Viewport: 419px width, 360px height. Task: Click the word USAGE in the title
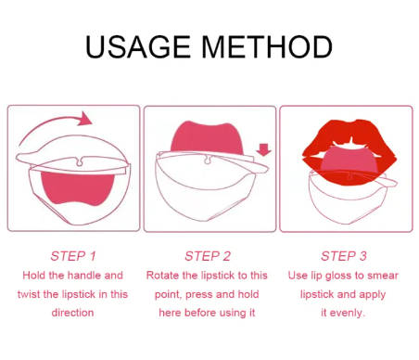tap(137, 46)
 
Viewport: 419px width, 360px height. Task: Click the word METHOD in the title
tap(267, 46)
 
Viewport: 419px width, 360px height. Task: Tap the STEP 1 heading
tap(73, 256)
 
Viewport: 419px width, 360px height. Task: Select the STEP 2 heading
tap(208, 256)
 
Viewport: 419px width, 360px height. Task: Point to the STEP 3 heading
tap(344, 256)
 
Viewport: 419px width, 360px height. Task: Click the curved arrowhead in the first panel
tap(84, 119)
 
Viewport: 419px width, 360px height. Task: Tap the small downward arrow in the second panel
tap(263, 149)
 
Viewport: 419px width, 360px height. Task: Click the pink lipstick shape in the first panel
tap(77, 188)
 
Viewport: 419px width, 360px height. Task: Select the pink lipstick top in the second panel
tap(206, 137)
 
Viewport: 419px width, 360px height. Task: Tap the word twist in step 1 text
tap(29, 294)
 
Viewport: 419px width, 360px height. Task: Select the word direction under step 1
tap(72, 313)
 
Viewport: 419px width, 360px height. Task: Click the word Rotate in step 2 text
tap(163, 276)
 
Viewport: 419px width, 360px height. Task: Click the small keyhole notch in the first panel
tap(80, 161)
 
